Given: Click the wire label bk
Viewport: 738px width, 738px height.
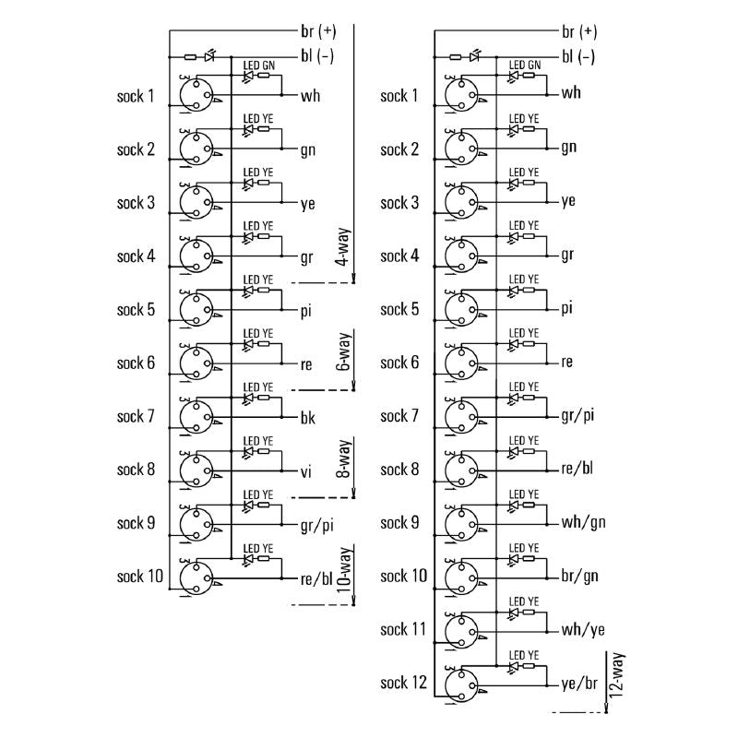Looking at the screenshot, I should (308, 417).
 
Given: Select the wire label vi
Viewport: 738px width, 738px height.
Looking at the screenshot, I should (306, 470).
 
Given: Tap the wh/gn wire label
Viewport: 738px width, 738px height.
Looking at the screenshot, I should (583, 523).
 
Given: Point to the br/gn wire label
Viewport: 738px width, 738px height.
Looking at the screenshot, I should (580, 577).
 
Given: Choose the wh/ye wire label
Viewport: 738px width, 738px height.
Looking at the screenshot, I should (583, 630).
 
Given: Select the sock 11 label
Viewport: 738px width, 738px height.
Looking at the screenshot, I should (404, 630).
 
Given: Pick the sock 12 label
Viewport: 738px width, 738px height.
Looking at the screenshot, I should (404, 684).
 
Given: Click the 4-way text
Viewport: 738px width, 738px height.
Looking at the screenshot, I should (341, 248).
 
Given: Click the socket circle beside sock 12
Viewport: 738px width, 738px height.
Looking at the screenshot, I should (459, 685).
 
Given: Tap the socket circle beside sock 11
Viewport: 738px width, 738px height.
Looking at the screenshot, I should (459, 632).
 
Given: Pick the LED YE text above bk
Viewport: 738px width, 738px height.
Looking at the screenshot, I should (258, 387).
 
